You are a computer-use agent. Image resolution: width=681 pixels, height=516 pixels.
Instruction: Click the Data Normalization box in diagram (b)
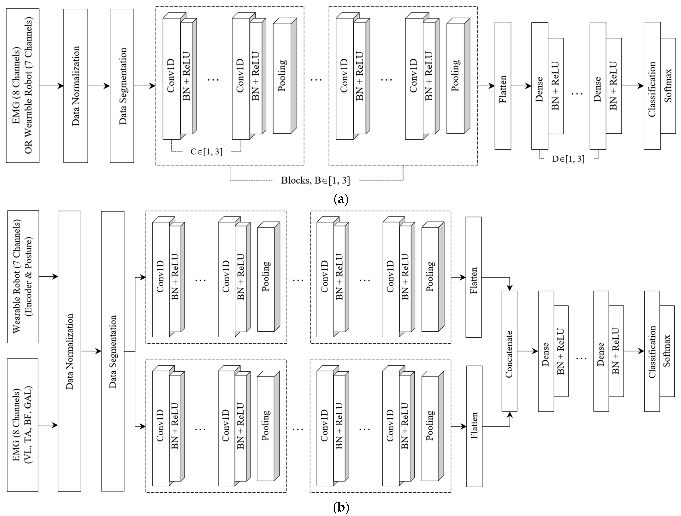[70, 351]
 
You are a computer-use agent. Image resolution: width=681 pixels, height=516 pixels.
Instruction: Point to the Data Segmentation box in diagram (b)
[113, 351]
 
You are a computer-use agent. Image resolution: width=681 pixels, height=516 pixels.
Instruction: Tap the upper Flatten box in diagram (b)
[474, 277]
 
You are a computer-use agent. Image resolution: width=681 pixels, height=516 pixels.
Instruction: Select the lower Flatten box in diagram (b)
[474, 426]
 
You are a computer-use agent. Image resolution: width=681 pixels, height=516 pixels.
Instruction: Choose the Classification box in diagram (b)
[652, 351]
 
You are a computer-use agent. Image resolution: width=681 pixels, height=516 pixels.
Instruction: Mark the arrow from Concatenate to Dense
[527, 351]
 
